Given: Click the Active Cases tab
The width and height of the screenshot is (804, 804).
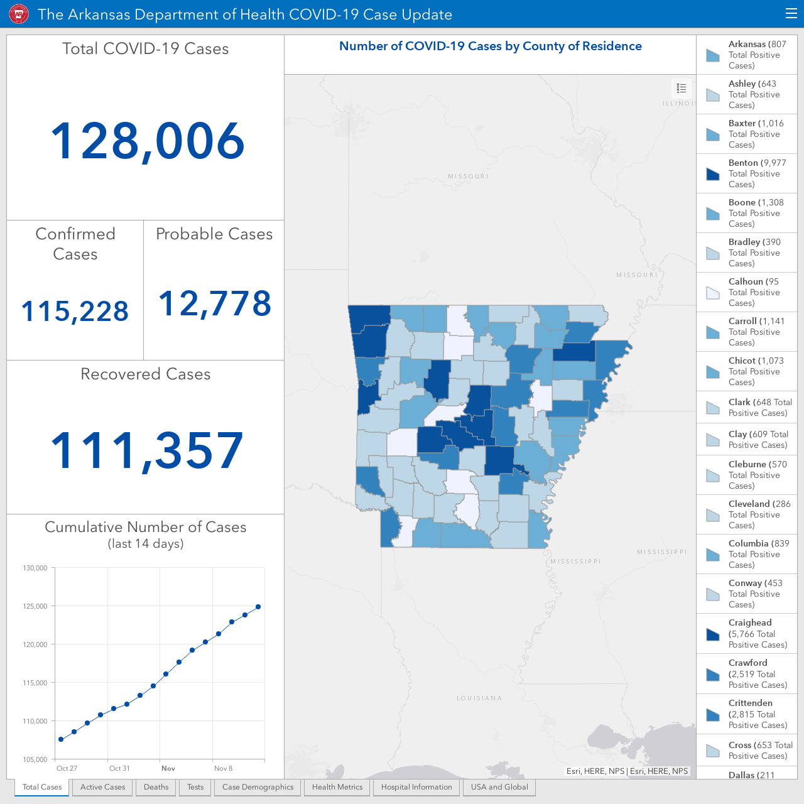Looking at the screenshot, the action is tap(102, 787).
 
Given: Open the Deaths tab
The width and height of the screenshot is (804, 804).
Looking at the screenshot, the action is tap(156, 787).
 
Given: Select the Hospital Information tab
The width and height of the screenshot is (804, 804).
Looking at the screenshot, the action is tap(416, 787).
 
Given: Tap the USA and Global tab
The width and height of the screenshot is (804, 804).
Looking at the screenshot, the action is tap(499, 787).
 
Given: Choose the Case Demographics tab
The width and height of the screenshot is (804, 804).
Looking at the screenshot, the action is tap(258, 787).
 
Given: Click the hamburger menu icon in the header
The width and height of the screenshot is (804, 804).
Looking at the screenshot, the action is tap(791, 14).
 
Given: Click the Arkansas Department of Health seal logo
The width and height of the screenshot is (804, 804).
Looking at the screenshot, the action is tap(19, 14).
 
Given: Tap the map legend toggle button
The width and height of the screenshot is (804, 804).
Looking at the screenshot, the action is tap(682, 89).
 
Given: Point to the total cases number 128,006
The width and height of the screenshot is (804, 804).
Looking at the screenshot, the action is tap(147, 141).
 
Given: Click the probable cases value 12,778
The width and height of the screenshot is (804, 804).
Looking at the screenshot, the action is tap(215, 303).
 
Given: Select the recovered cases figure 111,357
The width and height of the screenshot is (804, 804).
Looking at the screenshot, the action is tap(147, 451).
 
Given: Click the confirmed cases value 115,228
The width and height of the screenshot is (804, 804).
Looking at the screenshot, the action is tap(75, 312).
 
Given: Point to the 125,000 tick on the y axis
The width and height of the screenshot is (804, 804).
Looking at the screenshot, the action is tap(35, 606).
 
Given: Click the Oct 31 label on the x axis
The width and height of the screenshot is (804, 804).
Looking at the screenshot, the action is tap(119, 768).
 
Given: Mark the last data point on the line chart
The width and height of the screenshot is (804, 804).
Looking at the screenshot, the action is tap(258, 607).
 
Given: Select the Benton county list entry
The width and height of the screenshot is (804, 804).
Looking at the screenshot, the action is tap(747, 173).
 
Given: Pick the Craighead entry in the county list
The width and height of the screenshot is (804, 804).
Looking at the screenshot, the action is tap(747, 633).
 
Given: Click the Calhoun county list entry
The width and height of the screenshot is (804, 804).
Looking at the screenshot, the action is tap(747, 292).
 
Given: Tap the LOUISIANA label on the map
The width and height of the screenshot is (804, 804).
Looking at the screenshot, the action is tap(479, 698).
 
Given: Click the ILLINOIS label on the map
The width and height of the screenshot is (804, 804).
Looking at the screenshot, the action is tap(679, 103).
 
